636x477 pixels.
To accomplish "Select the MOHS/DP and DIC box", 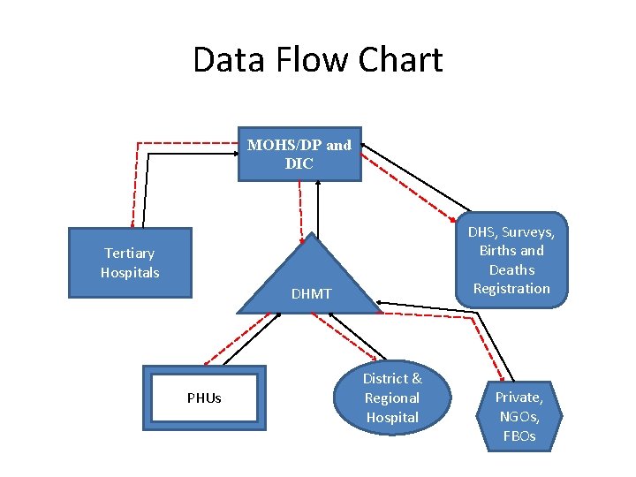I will [x=299, y=154].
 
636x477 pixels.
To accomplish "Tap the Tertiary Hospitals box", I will [x=130, y=263].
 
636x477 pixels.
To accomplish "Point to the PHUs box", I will [x=204, y=397].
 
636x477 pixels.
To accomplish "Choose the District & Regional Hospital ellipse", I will [x=392, y=397].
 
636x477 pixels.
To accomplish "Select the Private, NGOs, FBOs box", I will [x=519, y=416].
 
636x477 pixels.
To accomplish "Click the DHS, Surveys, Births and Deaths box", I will [x=511, y=260].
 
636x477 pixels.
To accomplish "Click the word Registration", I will [x=511, y=289].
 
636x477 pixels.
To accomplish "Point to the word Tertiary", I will [x=130, y=254].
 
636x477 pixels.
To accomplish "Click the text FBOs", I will [x=519, y=436].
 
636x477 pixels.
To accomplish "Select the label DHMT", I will [x=312, y=293].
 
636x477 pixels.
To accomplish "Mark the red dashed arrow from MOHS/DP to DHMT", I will [x=301, y=208].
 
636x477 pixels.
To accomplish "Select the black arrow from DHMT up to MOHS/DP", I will [x=318, y=208].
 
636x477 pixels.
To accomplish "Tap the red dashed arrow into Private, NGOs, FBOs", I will [x=488, y=344].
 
